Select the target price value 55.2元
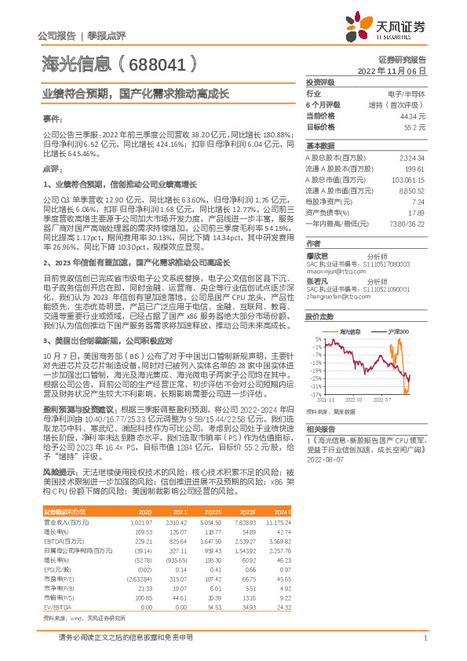(x=414, y=126)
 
